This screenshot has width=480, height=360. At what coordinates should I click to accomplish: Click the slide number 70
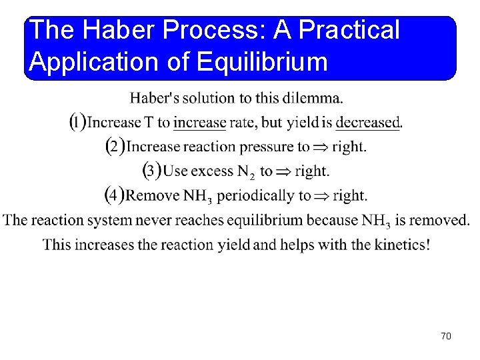click(x=446, y=336)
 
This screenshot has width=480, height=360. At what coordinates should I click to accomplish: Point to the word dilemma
click(x=313, y=99)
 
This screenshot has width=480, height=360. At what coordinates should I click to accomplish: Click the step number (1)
click(x=78, y=122)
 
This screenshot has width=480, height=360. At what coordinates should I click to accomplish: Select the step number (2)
click(x=115, y=146)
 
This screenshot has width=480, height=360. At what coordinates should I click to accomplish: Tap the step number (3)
click(x=152, y=171)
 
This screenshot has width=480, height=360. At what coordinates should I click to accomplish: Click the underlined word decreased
click(x=367, y=123)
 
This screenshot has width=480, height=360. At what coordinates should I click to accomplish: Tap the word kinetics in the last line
click(x=391, y=245)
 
